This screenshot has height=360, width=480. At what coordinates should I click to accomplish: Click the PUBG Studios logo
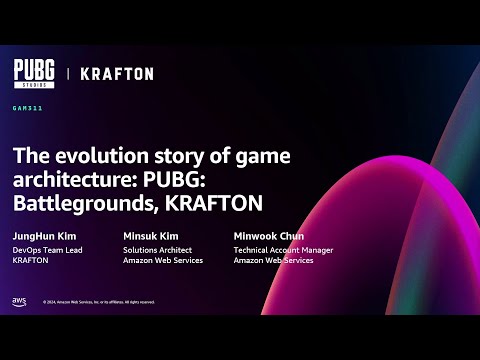coord(35,73)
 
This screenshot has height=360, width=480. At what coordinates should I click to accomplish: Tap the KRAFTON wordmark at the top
coord(117,74)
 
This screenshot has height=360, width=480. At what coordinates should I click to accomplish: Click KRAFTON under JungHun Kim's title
coord(31,260)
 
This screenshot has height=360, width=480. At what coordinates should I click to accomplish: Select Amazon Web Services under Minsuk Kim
coord(163,260)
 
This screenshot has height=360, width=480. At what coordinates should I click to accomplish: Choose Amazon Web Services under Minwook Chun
coord(273,260)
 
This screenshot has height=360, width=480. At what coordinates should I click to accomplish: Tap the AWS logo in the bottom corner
coord(19,301)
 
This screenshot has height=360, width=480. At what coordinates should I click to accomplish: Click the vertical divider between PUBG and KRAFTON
coord(68,74)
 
